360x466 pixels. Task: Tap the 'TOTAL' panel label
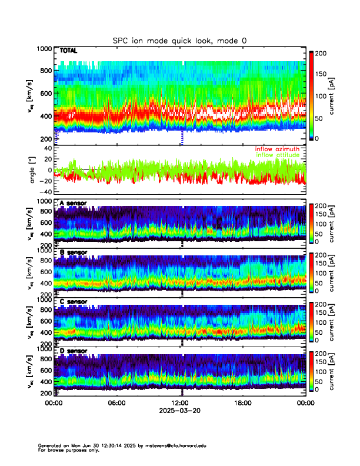tap(69, 52)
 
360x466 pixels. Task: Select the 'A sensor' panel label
tap(74, 204)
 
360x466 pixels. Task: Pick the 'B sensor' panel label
tap(74, 252)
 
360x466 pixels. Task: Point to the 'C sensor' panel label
tap(74, 302)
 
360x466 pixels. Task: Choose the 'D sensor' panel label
tap(74, 351)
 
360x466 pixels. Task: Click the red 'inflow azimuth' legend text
tap(277, 149)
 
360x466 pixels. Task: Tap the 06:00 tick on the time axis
tap(116, 403)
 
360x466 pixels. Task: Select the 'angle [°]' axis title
tap(34, 170)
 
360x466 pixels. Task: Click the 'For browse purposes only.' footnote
tap(69, 450)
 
